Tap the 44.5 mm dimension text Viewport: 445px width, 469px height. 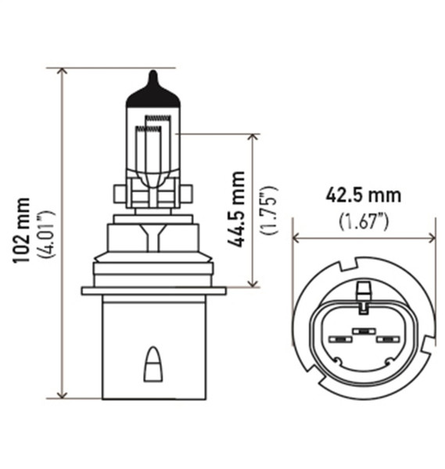click(237, 209)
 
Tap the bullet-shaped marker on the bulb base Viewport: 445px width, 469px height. click(154, 364)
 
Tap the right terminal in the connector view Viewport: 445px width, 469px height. click(388, 340)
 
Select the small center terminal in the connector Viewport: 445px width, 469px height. click(363, 331)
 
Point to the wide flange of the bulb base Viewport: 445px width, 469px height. click(154, 291)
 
